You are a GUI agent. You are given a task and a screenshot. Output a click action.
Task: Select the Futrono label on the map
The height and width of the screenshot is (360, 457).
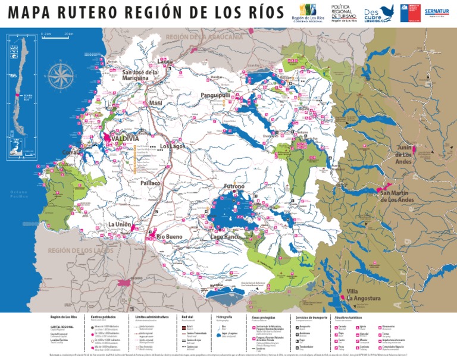point(233,186)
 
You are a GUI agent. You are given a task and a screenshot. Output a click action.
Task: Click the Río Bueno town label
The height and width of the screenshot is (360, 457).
point(170,237)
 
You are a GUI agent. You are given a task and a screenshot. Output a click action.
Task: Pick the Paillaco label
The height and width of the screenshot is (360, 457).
point(151,183)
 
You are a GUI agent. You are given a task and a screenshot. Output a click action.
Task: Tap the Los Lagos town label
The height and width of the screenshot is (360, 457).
point(173,146)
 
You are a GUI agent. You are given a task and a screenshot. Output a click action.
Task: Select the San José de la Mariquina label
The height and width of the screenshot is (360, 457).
point(140,75)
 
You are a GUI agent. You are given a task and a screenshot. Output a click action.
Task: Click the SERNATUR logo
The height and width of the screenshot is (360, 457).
point(436,12)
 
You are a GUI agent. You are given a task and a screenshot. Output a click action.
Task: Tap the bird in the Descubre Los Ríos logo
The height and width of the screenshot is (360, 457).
point(387,10)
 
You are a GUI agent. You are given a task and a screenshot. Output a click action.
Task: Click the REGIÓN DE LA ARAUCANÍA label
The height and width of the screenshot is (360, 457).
point(204,37)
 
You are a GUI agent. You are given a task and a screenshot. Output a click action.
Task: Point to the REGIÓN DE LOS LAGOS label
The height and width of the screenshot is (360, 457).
point(80,251)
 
